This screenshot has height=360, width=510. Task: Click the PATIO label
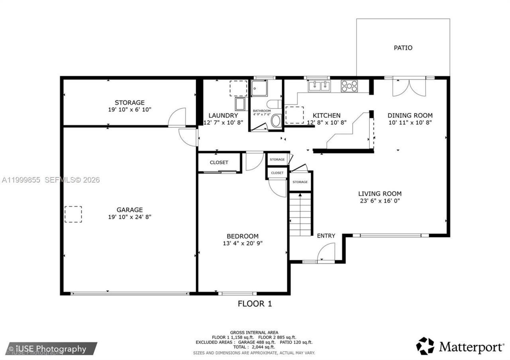(x=403, y=48)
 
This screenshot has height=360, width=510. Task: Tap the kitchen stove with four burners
(x=349, y=86)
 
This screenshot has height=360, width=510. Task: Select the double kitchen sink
(x=320, y=86)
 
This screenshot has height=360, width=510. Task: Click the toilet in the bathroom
(x=274, y=104)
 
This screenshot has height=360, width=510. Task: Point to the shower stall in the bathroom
(x=259, y=88)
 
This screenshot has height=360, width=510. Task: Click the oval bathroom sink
(x=277, y=120)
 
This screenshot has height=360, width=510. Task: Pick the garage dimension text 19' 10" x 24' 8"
(x=129, y=217)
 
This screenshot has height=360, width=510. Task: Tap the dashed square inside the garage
(x=73, y=214)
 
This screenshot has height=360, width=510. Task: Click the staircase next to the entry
(x=300, y=214)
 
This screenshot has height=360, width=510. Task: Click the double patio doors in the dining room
(x=409, y=88)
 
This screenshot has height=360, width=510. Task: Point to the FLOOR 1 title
(x=255, y=303)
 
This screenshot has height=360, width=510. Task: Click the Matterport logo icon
(x=425, y=346)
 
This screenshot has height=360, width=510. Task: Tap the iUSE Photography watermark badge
(x=51, y=348)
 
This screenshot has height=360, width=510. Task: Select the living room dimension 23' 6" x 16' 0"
(x=380, y=201)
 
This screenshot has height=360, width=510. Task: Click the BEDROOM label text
(x=243, y=236)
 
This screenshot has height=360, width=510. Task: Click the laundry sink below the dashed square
(x=240, y=104)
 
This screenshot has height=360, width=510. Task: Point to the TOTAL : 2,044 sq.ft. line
(x=254, y=347)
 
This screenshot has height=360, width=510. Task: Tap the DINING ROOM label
(x=410, y=115)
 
